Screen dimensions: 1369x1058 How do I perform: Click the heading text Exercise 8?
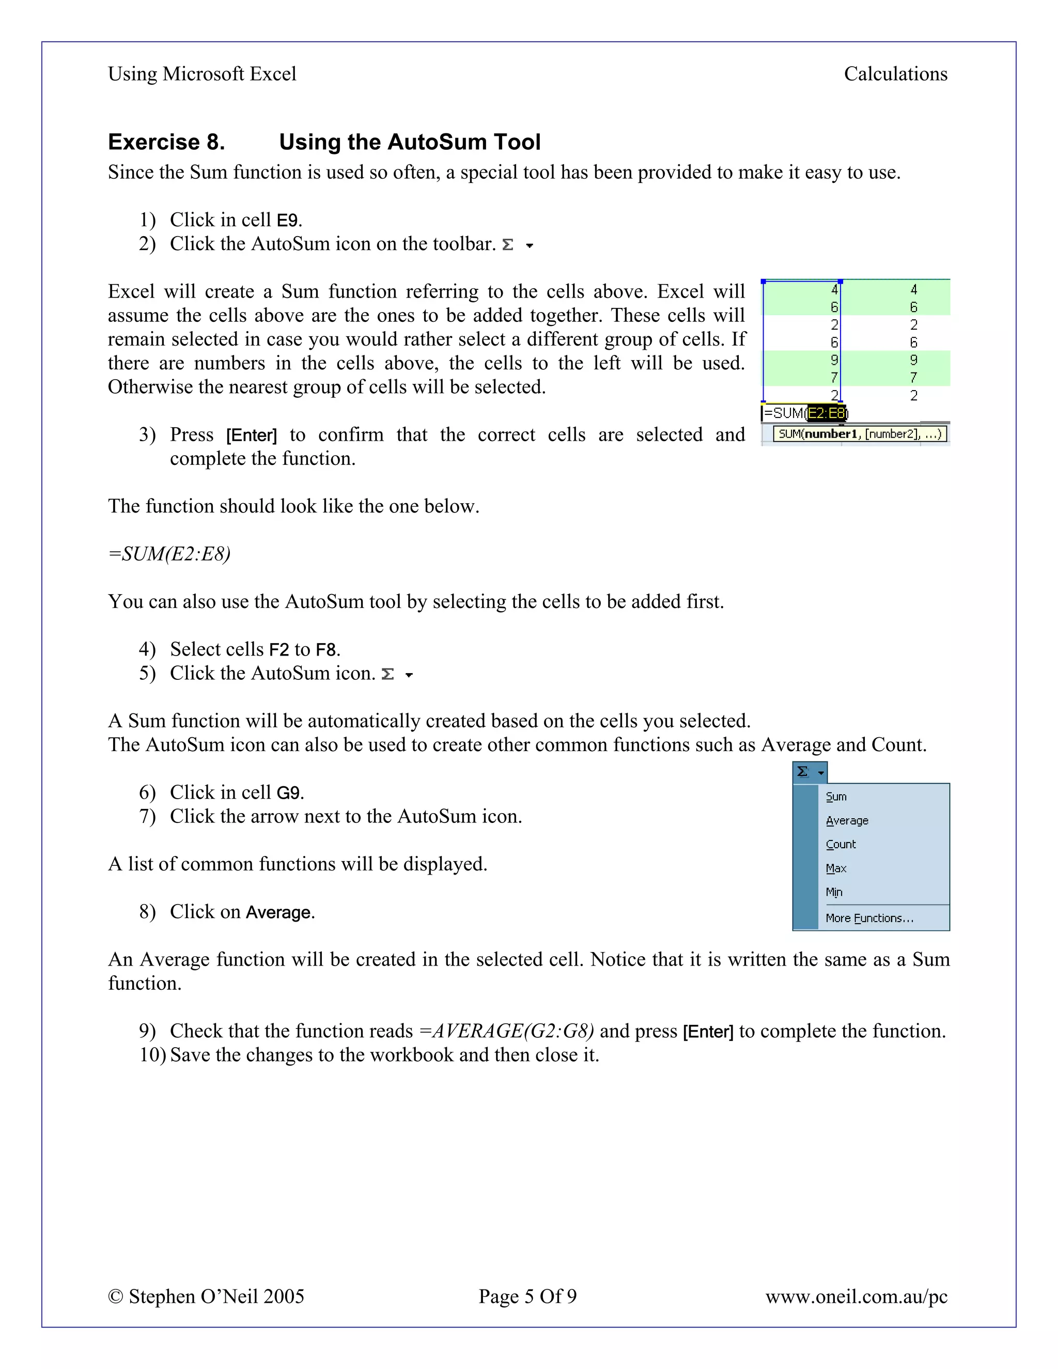point(166,142)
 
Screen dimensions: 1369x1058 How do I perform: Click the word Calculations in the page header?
point(895,74)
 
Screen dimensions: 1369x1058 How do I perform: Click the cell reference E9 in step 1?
point(287,221)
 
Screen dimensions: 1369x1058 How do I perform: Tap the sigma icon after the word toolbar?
point(508,245)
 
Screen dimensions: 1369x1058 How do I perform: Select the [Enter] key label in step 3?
point(252,435)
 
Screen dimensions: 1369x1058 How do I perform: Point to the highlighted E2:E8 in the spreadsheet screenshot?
point(826,413)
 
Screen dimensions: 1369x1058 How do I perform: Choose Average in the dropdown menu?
point(847,820)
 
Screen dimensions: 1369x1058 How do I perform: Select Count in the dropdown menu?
point(841,844)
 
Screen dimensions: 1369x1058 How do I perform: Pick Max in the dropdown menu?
point(836,868)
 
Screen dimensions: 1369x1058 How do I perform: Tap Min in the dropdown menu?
point(834,892)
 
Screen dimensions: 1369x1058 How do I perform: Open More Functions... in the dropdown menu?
point(869,919)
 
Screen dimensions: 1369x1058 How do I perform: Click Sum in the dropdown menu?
point(836,797)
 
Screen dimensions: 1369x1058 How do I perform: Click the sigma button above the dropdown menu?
point(803,772)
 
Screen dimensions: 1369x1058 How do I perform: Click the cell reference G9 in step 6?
point(288,793)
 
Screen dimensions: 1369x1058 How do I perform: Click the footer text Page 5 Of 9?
point(527,1296)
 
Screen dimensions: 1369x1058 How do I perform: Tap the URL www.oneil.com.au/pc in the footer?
point(856,1296)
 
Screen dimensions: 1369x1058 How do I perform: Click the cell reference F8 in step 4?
point(326,650)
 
